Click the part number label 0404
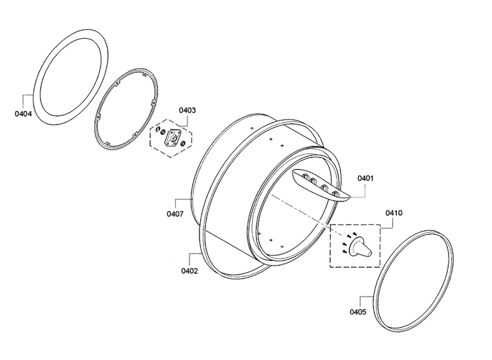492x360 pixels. tap(23, 113)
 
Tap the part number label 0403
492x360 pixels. tap(188, 110)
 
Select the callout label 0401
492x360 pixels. tap(365, 178)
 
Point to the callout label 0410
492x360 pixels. tap(394, 213)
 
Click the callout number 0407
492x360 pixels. tap(175, 214)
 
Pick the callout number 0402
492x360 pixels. tap(190, 271)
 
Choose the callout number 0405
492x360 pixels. tap(358, 311)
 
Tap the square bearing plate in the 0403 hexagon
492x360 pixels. tap(173, 137)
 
